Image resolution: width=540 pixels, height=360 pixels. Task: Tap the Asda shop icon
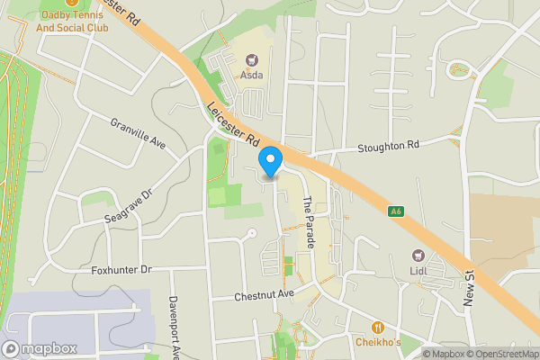click(x=251, y=59)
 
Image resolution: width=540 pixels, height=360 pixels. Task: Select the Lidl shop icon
click(x=418, y=256)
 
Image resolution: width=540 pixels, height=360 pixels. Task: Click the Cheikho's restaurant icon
click(x=377, y=328)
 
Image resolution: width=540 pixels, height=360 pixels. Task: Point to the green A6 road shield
click(x=395, y=211)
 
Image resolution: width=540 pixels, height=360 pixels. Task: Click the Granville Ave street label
click(x=139, y=132)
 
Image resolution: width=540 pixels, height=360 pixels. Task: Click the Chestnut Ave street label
click(x=265, y=295)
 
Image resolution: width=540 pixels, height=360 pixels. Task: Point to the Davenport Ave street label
click(x=175, y=328)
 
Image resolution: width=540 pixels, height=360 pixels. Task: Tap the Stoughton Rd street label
click(x=389, y=145)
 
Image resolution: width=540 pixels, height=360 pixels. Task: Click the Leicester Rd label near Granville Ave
click(x=233, y=123)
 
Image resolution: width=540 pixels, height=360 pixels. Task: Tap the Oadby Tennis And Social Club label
click(x=70, y=21)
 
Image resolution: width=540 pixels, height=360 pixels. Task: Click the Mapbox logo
click(x=39, y=348)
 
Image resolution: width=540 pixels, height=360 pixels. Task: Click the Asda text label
click(x=251, y=75)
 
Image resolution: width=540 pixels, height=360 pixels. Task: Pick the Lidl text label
click(x=418, y=271)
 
